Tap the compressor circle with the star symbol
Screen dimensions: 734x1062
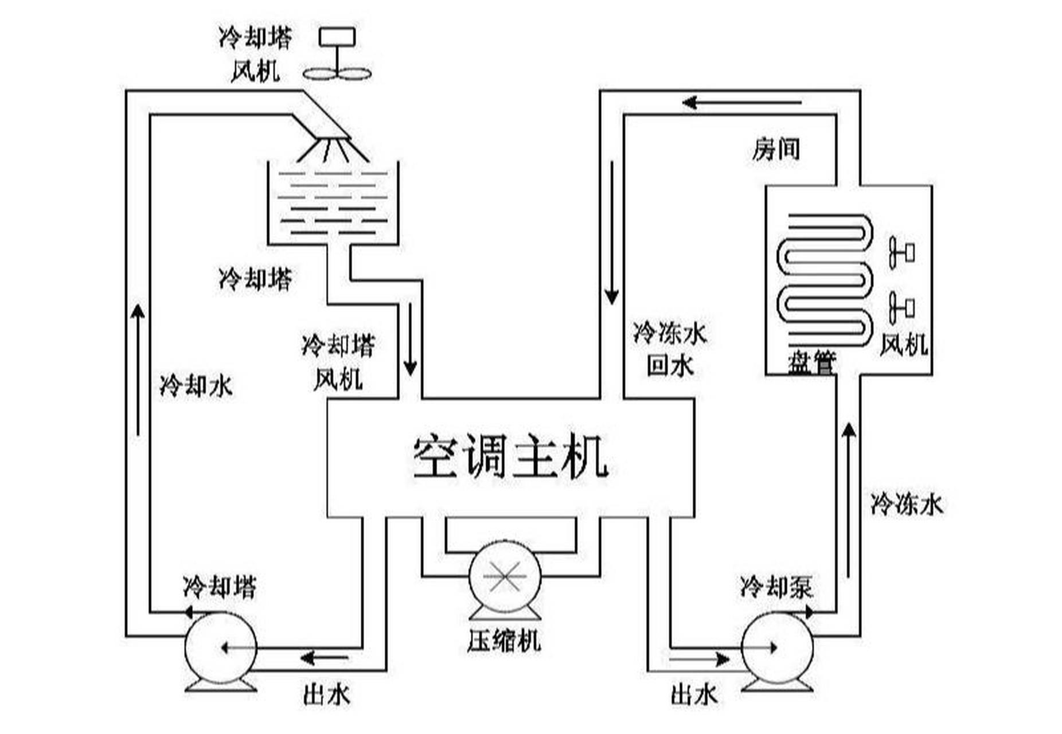click(505, 576)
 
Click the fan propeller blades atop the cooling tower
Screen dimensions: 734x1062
click(337, 73)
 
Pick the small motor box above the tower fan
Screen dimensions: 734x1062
click(337, 37)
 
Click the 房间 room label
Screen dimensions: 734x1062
click(775, 149)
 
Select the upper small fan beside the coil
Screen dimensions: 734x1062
click(901, 252)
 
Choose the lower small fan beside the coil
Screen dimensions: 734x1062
click(901, 308)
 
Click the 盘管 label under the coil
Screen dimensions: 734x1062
click(811, 362)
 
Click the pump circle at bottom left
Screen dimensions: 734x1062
click(221, 648)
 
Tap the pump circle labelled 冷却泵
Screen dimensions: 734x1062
click(777, 648)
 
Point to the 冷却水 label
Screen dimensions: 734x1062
click(196, 386)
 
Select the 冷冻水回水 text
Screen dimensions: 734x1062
click(670, 349)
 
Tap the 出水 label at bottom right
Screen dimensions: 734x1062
click(694, 695)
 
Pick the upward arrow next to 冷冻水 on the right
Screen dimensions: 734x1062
click(849, 499)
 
